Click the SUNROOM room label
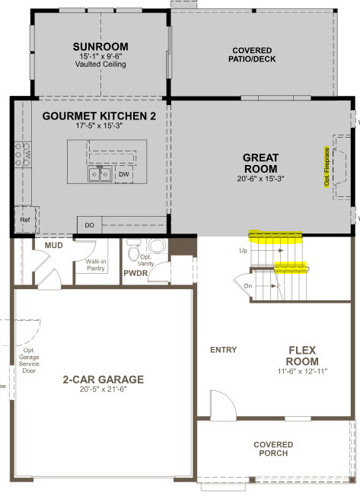pyautogui.click(x=100, y=46)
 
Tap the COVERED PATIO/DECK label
pyautogui.click(x=252, y=55)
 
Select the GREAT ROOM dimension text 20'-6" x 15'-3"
pyautogui.click(x=261, y=179)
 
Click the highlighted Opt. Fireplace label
pyautogui.click(x=327, y=167)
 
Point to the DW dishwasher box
pyautogui.click(x=124, y=174)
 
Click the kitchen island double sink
pyautogui.click(x=100, y=174)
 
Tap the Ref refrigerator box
pyautogui.click(x=25, y=220)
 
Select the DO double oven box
pyautogui.click(x=90, y=225)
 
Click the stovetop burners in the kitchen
pyautogui.click(x=24, y=154)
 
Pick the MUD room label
pyautogui.click(x=54, y=246)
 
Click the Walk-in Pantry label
pyautogui.click(x=96, y=265)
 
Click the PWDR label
pyautogui.click(x=135, y=273)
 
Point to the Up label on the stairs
pyautogui.click(x=244, y=251)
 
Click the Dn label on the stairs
pyautogui.click(x=248, y=286)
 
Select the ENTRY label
pyautogui.click(x=224, y=350)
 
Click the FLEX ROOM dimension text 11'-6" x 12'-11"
pyautogui.click(x=302, y=371)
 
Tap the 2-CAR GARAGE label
pyautogui.click(x=104, y=380)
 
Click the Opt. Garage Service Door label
pyautogui.click(x=29, y=361)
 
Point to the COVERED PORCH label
pyautogui.click(x=273, y=449)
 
